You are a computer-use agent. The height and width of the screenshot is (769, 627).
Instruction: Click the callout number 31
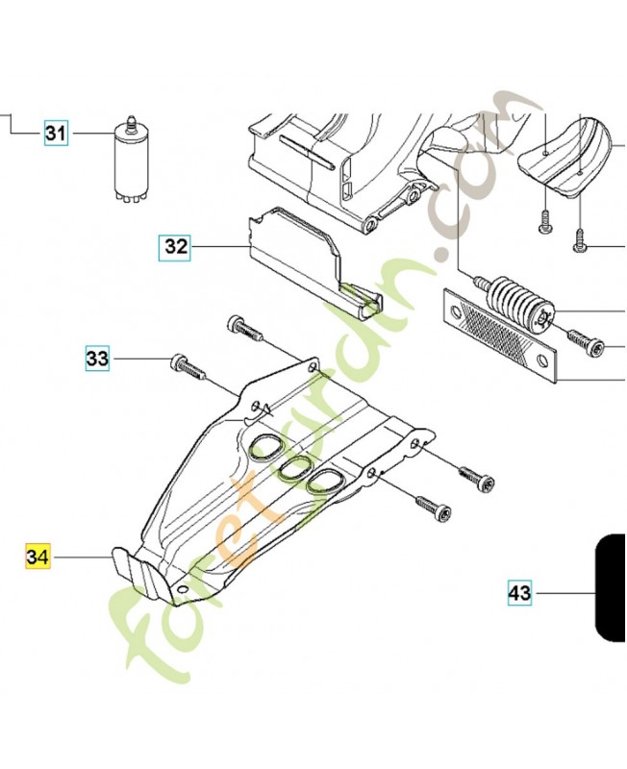(56, 133)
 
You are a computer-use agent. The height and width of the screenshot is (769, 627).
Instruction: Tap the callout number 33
(97, 359)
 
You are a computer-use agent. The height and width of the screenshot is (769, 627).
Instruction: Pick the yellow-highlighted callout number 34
(38, 558)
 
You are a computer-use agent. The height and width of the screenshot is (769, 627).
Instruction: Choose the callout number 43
(519, 593)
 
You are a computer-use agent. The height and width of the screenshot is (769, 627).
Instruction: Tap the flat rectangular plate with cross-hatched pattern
(500, 335)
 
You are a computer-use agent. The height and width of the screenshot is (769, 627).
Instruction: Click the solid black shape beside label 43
(611, 587)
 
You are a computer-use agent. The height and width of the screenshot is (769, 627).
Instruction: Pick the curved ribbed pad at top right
(566, 156)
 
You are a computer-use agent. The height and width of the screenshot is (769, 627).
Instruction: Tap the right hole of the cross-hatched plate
(541, 361)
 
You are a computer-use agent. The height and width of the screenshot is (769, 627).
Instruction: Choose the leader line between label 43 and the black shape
(564, 593)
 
